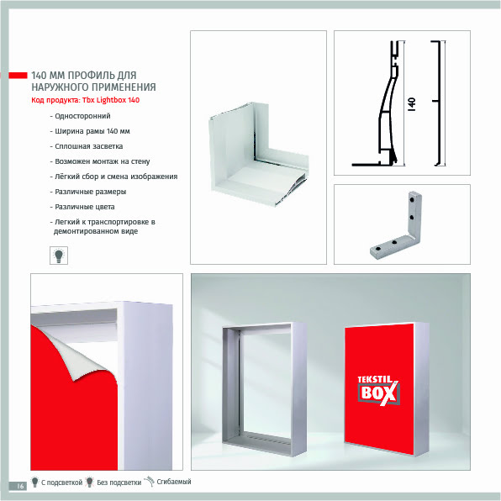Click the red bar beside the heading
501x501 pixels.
coord(18,76)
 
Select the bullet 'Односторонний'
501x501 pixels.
coord(80,116)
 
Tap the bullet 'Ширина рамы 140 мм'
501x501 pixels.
coord(90,131)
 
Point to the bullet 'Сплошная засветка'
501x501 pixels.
coord(87,146)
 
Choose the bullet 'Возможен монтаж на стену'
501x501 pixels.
coord(100,161)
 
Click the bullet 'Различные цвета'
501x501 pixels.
coord(82,207)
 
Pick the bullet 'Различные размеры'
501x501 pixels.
coord(88,192)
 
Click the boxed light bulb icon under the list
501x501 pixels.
coord(59,256)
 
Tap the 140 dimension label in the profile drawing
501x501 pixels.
coord(412,104)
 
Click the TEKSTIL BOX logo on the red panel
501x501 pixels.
coord(378,390)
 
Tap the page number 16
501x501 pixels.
coord(20,486)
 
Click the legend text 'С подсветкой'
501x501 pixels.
coord(61,483)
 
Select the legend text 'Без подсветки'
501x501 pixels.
coord(119,483)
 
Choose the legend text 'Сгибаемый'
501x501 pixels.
coord(174,482)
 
